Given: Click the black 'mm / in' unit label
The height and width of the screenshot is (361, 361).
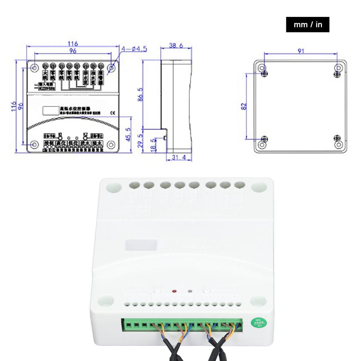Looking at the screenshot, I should [x=307, y=25].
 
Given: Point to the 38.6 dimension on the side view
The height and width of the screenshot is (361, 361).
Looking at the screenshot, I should [x=176, y=46].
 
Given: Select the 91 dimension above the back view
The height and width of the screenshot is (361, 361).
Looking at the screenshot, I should [x=300, y=51].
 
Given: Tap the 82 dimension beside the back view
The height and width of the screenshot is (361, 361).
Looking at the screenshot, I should [x=244, y=106].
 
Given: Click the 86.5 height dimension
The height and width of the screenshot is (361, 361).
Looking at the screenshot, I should [x=140, y=94].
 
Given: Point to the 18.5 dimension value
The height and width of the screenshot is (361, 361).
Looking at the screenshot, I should [x=153, y=144].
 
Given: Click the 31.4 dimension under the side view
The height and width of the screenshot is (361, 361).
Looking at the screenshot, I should [x=179, y=157].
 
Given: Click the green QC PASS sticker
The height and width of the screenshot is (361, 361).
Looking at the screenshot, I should [x=260, y=322].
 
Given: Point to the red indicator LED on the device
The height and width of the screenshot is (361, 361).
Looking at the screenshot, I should [x=174, y=291].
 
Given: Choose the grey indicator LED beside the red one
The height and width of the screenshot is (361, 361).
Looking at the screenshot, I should [x=190, y=292].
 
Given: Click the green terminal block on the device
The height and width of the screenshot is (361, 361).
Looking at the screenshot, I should [x=182, y=324].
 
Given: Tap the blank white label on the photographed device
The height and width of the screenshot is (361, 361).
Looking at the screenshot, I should [x=141, y=245].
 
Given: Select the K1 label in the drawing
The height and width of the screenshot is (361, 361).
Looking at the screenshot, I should [x=60, y=134].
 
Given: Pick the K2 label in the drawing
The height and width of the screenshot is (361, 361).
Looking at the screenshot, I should [x=85, y=134].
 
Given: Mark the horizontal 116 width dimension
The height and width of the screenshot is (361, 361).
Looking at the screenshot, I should [x=73, y=44].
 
